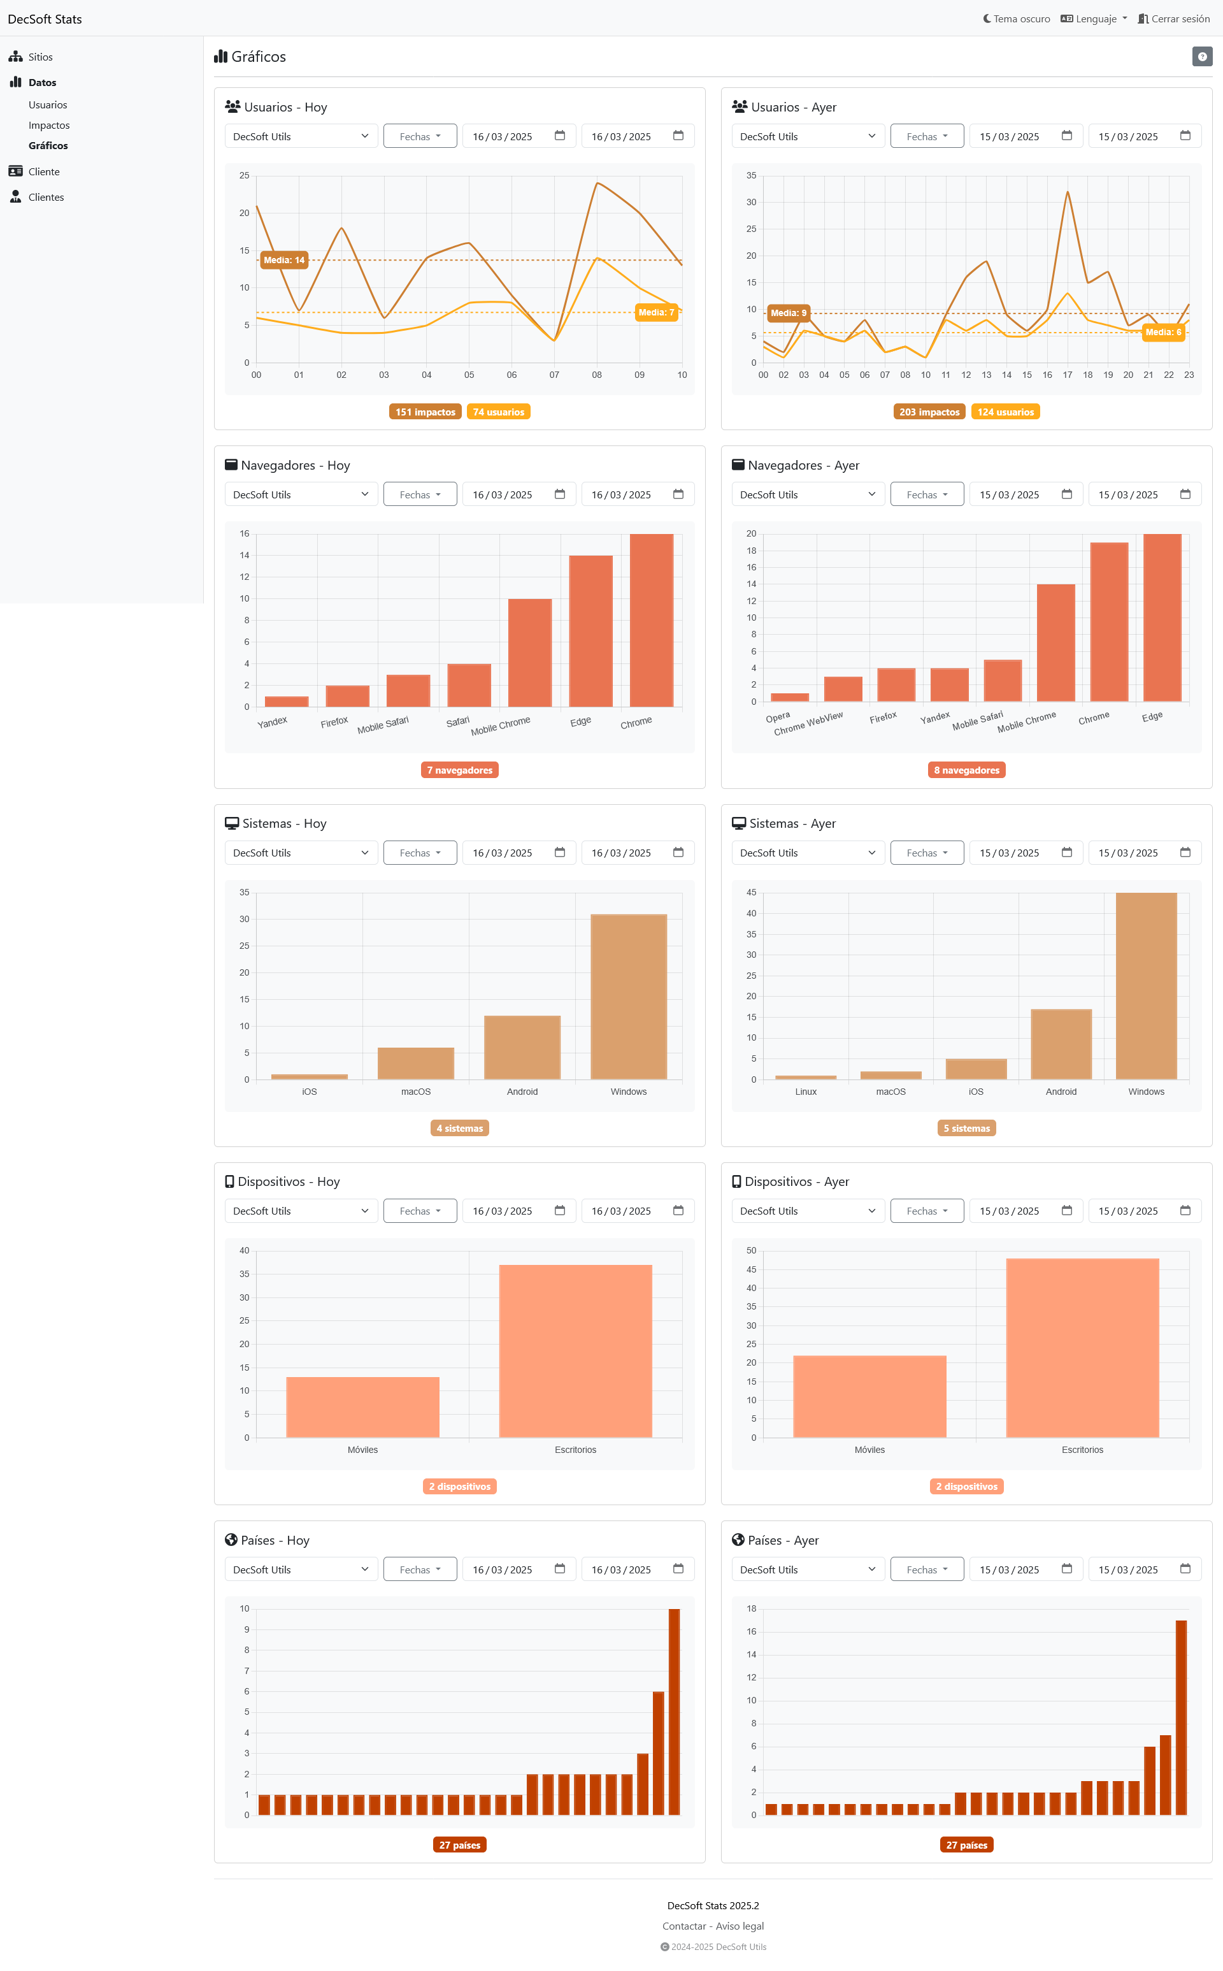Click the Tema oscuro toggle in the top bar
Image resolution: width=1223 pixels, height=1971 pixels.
pos(1016,18)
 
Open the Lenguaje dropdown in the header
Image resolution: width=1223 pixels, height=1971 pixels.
pos(1094,18)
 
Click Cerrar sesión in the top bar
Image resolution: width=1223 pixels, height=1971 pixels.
pos(1174,18)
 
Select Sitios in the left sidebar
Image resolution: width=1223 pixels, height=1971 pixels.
pos(39,57)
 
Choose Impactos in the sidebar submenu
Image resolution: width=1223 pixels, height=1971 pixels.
pos(48,126)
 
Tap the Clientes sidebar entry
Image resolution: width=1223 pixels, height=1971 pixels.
pos(45,198)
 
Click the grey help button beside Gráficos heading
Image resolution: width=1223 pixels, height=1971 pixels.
pos(1201,57)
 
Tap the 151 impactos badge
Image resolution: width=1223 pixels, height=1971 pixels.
pos(425,412)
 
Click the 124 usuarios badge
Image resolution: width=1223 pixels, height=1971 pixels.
pos(1005,412)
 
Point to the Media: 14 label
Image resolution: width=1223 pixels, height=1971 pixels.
pos(284,260)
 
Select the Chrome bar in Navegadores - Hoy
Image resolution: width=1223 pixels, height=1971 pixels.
pos(651,620)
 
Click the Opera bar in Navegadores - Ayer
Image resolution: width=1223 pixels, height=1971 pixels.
pos(789,697)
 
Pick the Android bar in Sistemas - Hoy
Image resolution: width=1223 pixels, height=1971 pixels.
pos(522,1047)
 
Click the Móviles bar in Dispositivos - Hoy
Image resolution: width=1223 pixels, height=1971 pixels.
pos(362,1407)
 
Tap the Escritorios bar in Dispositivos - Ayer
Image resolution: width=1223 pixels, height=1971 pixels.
pos(1082,1348)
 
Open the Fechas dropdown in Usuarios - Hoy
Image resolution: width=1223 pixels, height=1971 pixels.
pos(420,136)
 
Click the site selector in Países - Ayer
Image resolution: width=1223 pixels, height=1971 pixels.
pos(806,1570)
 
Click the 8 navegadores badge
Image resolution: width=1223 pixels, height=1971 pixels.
pos(966,770)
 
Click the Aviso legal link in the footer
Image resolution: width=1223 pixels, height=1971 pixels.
pos(740,1926)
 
